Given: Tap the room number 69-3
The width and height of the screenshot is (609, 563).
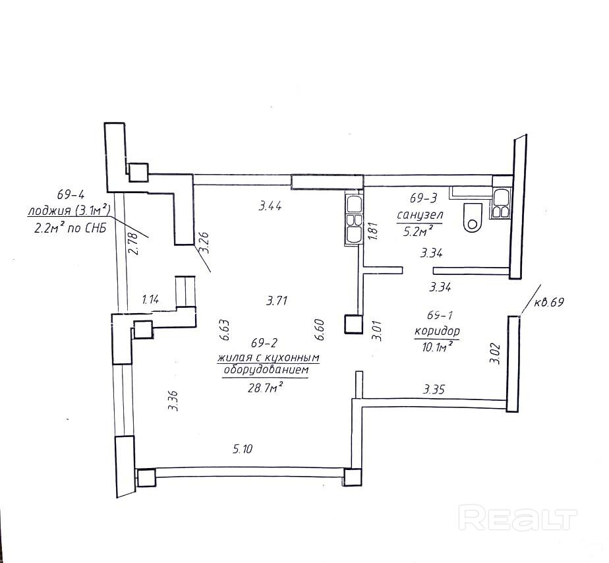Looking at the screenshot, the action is point(424,198).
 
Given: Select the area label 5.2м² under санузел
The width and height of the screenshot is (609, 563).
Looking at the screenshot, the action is point(419,230).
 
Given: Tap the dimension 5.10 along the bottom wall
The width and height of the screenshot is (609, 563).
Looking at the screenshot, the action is point(243,450).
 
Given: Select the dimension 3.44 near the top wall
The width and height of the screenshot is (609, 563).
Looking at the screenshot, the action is point(270,206).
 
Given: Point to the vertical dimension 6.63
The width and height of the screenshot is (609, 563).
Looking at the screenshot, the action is point(224,330).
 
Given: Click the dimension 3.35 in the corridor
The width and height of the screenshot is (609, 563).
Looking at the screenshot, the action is point(434,390).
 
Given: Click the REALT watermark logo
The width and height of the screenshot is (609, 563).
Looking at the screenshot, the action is point(517,518).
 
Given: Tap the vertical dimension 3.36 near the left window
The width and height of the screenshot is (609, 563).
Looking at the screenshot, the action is point(173,400).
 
